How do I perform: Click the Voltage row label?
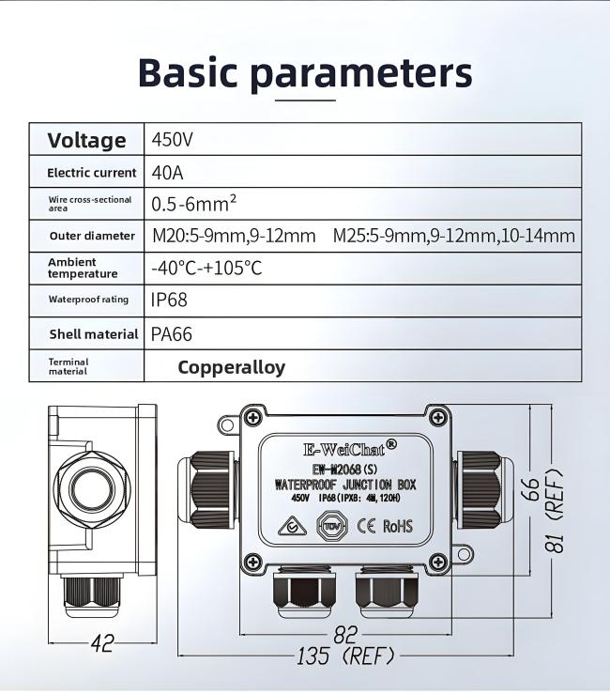point(86,141)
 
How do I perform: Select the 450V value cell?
point(173,141)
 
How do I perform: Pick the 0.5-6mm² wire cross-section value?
point(193,204)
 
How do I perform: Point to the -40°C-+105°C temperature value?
point(206,269)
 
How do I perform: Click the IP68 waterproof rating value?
point(169,301)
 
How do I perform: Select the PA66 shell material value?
point(172,333)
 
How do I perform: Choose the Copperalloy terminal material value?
point(231,367)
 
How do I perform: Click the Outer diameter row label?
point(86,236)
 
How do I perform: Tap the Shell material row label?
point(94,334)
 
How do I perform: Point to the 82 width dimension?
point(346,634)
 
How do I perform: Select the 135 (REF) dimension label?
point(344,655)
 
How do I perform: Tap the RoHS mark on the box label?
point(398,526)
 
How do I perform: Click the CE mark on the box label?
point(366,526)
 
